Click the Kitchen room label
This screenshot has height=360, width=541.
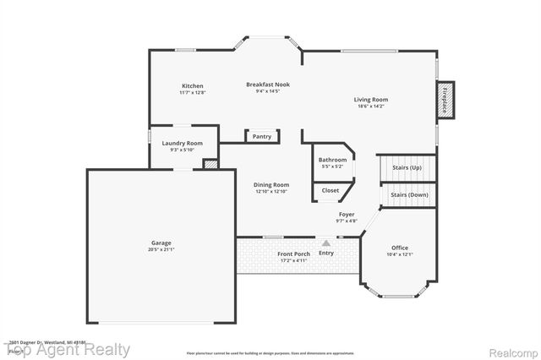click(192, 85)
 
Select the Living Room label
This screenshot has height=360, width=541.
click(370, 100)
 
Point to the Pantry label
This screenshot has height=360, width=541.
click(262, 136)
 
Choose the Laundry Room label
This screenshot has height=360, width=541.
click(183, 144)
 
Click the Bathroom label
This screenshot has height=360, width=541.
click(332, 160)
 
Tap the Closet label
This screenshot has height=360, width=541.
click(330, 190)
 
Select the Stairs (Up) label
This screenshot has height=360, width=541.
click(407, 167)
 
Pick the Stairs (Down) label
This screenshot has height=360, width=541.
click(409, 194)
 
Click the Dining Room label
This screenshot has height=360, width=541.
click(271, 184)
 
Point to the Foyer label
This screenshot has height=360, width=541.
click(347, 215)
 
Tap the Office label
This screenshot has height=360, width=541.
click(399, 248)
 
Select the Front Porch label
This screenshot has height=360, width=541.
click(292, 254)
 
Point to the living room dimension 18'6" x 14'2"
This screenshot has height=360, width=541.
click(370, 106)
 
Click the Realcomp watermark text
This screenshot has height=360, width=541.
click(509, 349)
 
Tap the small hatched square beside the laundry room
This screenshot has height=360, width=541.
click(210, 164)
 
